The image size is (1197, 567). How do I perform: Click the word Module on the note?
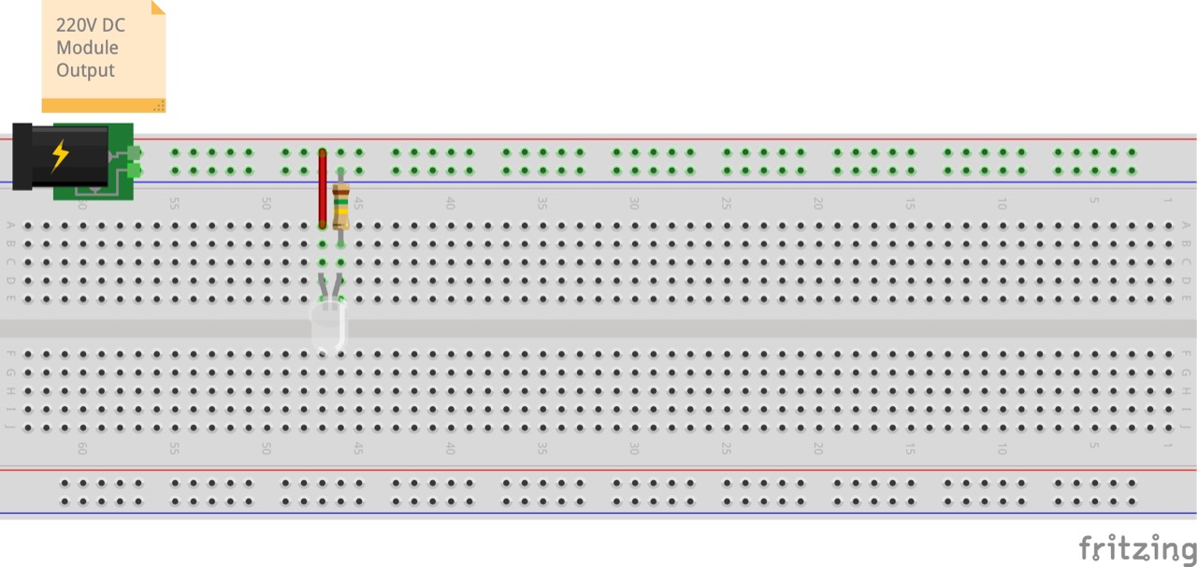pos(87,48)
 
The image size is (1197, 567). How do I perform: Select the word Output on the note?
pos(85,70)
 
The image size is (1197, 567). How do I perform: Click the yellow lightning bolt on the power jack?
pos(60,155)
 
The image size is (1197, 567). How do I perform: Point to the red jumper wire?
pos(323,188)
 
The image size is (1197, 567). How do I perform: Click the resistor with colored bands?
pos(340,206)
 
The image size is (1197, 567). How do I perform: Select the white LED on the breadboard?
pos(328,323)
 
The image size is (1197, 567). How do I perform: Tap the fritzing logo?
pos(1136,548)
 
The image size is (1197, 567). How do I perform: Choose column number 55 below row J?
pos(174,449)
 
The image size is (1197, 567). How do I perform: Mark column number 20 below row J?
pos(817,449)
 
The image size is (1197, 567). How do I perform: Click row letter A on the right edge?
pos(1186,225)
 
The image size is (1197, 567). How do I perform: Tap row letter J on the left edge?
pos(10,428)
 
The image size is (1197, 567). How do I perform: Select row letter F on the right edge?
pos(1186,354)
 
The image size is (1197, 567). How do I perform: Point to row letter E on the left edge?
pos(10,298)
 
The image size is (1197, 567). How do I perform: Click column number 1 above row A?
pos(1167,201)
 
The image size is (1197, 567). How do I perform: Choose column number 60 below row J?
pos(82,449)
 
